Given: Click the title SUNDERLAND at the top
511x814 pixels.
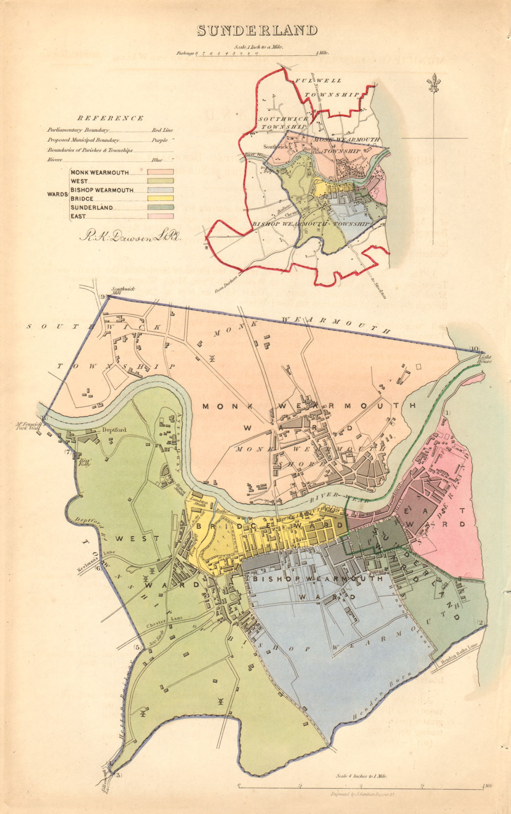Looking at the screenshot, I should pos(257,31).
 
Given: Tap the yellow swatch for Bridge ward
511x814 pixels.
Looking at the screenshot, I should pos(160,198).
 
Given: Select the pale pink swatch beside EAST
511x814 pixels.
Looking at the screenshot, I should pos(160,217).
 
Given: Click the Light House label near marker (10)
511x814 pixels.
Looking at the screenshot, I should pos(485,358).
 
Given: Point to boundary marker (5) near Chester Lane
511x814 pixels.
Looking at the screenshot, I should pos(137,647).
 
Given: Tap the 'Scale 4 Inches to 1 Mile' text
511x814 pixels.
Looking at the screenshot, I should pos(361,776).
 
